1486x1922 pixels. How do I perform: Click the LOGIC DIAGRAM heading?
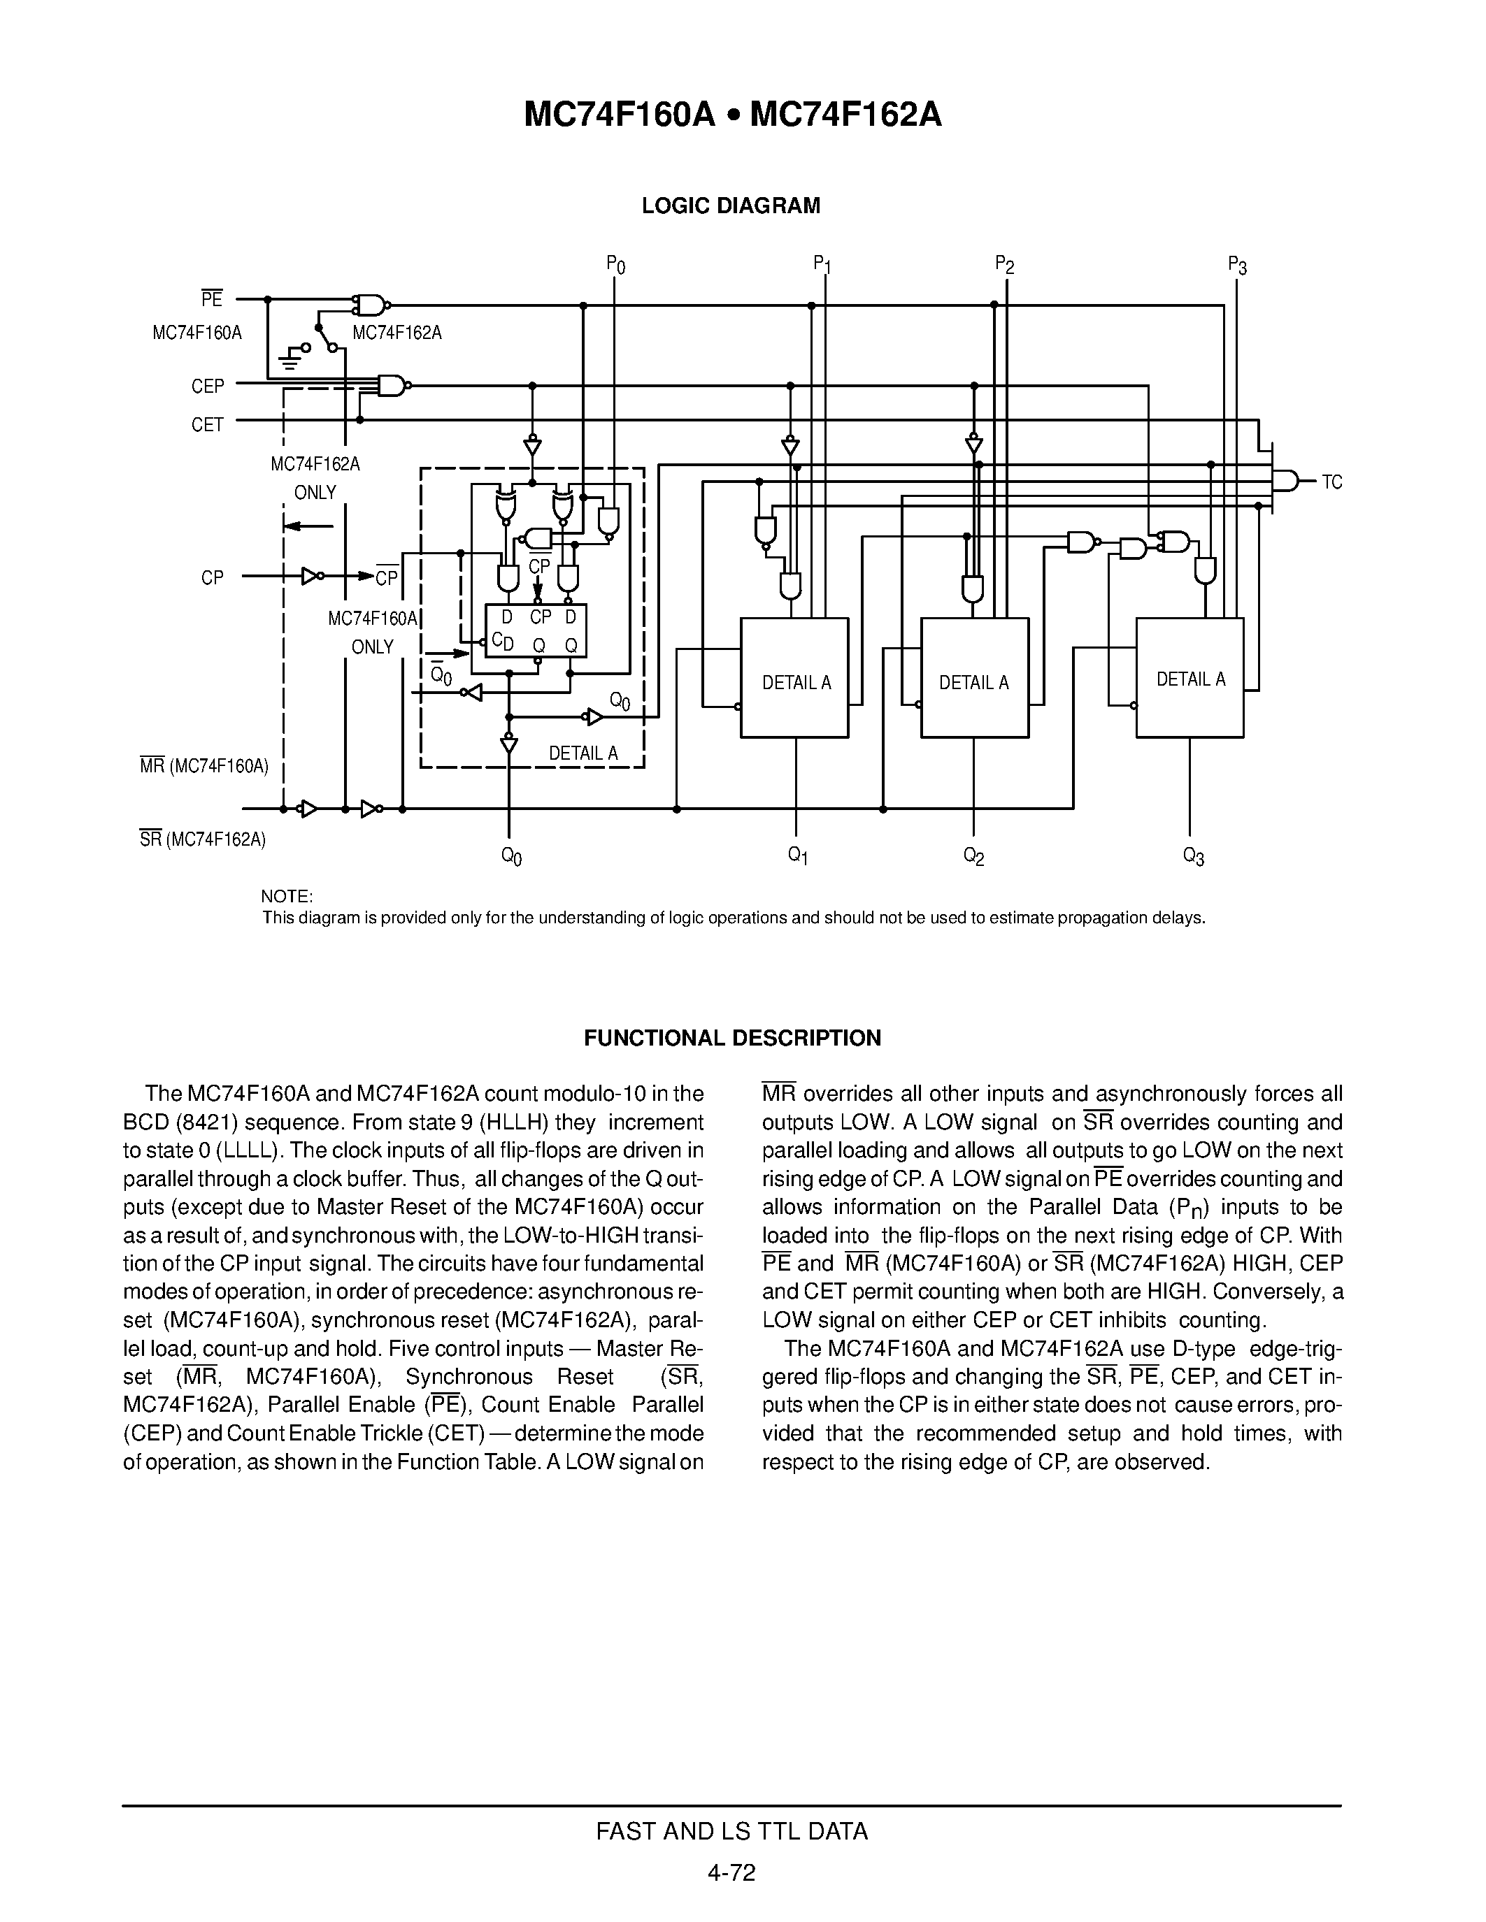coord(731,206)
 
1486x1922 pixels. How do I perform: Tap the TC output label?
coord(1332,482)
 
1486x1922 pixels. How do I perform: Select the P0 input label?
coord(615,264)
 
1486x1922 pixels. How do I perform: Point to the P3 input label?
coord(1237,265)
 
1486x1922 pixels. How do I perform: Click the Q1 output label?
coord(798,855)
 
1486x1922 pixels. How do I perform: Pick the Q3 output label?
coord(1193,855)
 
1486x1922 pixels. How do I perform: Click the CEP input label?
coord(208,386)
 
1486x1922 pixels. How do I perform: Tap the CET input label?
coord(208,425)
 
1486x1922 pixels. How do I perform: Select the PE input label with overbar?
coord(211,299)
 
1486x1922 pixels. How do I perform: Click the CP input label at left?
coord(212,578)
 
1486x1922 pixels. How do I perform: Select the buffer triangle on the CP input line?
coord(310,577)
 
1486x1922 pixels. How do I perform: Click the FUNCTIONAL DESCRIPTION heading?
coord(732,1039)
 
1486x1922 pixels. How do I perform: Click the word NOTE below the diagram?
coord(287,897)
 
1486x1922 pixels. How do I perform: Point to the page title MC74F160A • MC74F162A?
coord(732,115)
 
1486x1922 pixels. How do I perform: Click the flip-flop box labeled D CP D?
coord(536,631)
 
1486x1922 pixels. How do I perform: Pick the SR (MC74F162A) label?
coord(203,839)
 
